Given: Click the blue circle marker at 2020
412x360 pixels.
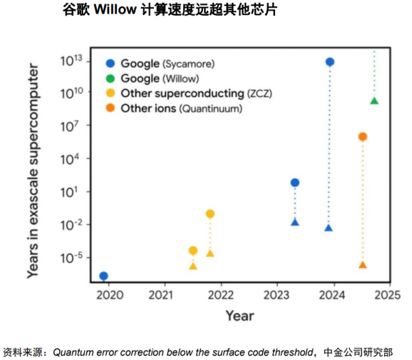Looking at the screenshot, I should (104, 276).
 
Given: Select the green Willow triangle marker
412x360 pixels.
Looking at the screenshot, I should (374, 101).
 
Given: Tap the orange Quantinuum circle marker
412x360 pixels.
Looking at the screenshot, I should (362, 137).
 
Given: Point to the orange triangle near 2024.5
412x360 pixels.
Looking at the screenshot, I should (362, 265).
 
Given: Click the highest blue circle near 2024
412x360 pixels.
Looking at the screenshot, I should (330, 62).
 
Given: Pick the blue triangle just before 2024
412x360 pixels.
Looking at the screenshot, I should (328, 228).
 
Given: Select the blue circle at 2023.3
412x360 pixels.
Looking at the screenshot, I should (295, 183).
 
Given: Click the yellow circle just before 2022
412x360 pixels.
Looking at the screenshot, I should (210, 214).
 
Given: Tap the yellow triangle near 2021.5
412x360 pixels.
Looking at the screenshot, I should (193, 265).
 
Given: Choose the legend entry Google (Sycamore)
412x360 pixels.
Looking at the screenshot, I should (167, 64).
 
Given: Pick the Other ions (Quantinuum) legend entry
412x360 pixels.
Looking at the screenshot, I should (181, 108).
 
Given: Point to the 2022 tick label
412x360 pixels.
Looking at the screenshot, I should (219, 296).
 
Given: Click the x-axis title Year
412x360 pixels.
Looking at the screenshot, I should (240, 316).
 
